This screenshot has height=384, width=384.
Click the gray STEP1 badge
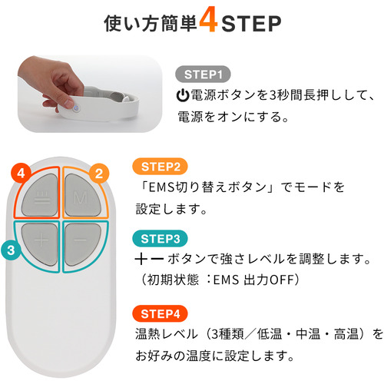click(203, 74)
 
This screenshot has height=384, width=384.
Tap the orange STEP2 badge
click(160, 167)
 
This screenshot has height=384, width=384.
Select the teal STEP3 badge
click(160, 239)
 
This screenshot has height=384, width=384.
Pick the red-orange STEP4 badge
click(160, 313)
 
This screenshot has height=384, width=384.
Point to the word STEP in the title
click(251, 24)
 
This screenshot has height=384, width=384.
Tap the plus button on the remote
click(40, 244)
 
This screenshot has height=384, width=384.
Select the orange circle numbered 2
click(99, 174)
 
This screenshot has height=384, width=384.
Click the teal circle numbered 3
click(11, 250)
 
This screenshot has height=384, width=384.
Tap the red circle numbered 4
click(21, 174)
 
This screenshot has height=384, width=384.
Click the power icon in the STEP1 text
click(183, 95)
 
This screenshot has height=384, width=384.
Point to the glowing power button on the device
click(76, 108)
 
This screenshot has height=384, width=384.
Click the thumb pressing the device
click(67, 101)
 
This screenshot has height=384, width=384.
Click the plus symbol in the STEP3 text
click(141, 259)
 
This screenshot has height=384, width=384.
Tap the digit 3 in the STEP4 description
click(215, 334)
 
